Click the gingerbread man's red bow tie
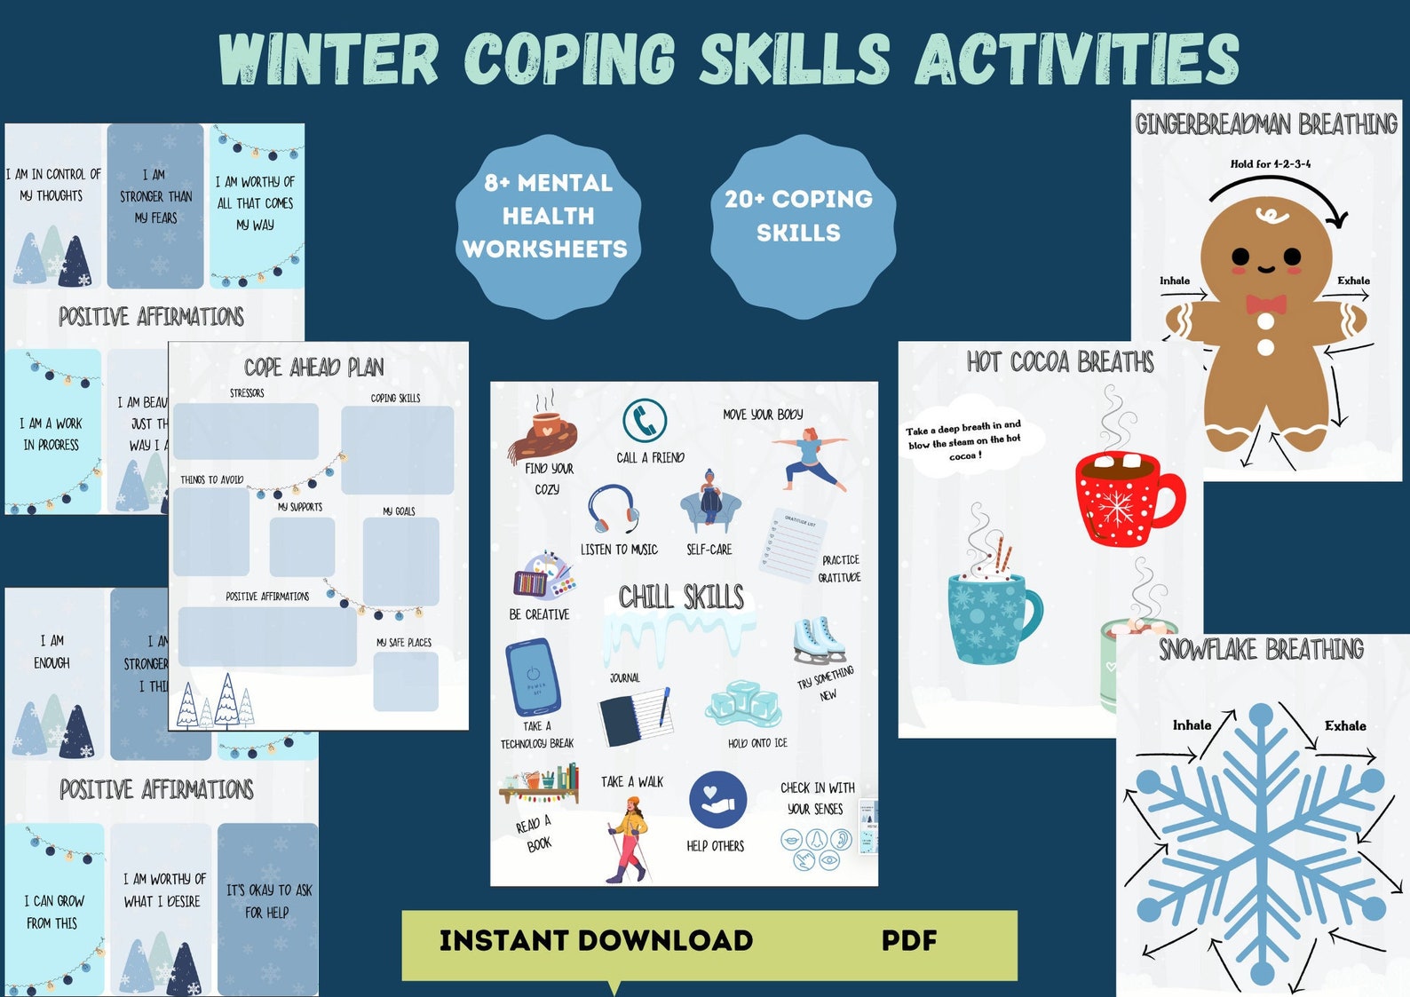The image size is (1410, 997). point(1265,305)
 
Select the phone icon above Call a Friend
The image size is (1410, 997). point(645,420)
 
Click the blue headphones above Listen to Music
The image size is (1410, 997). point(613,510)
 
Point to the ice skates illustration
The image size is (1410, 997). point(818,640)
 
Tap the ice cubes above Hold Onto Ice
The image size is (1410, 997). point(743,704)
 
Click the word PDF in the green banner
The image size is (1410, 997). point(908,940)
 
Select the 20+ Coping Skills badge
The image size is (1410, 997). point(799,216)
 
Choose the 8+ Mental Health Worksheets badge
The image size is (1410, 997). point(546,216)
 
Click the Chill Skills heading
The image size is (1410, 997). point(681,597)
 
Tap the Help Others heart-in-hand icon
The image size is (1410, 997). point(717,799)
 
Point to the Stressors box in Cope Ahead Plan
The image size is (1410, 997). point(246,431)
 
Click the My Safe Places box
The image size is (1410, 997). point(406,681)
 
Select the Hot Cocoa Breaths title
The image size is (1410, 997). point(1060,362)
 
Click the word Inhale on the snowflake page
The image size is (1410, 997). point(1192,725)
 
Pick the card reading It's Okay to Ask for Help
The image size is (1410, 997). point(267,901)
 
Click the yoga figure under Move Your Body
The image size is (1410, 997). point(808,458)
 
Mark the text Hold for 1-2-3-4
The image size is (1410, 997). point(1270,163)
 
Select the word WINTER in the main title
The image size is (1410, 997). point(329,59)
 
